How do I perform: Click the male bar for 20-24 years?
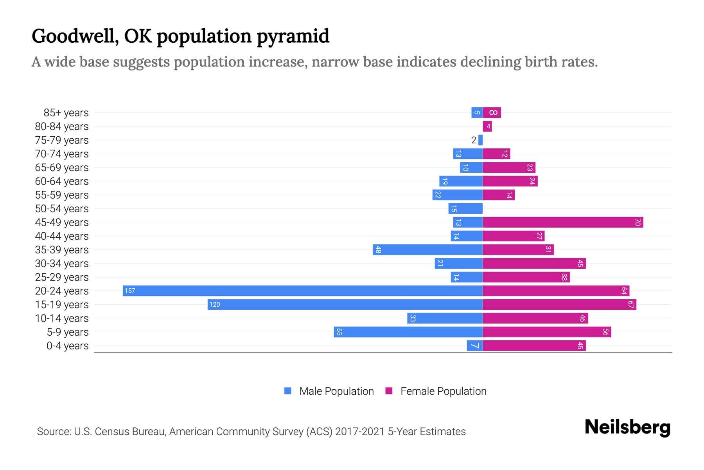point(303,291)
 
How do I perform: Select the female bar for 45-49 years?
point(563,222)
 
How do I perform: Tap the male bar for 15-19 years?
point(345,304)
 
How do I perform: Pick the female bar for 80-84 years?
point(487,126)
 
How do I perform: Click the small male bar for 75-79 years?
point(481,140)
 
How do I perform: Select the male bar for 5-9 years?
point(408,332)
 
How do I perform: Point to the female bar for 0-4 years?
point(534,345)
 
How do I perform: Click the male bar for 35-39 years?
point(428,249)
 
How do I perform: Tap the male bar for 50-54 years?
point(465,208)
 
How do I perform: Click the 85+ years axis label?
point(66,113)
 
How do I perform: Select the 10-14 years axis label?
point(62,318)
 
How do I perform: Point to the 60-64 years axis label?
point(62,181)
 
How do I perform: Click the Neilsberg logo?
point(627,427)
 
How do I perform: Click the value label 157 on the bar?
point(130,291)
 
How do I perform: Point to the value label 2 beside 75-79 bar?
point(474,140)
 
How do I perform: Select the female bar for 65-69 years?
point(509,167)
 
